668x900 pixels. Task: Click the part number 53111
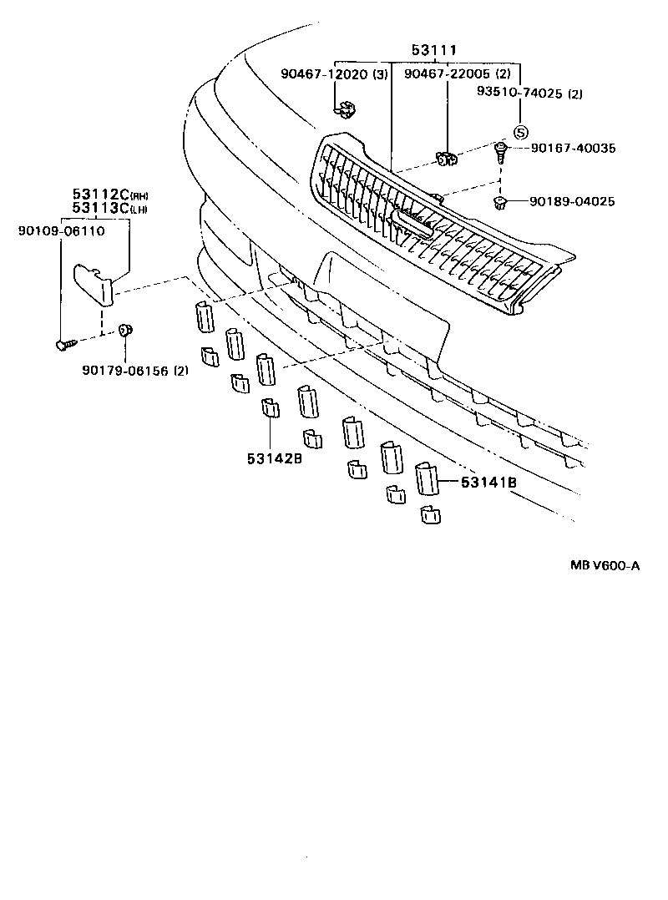click(433, 52)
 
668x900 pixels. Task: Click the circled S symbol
click(519, 132)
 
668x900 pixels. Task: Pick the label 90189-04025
click(573, 201)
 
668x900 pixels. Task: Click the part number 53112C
click(99, 196)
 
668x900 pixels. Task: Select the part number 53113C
click(99, 208)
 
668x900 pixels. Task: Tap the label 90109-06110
click(60, 230)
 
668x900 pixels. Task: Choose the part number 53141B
click(488, 483)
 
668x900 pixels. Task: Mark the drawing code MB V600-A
click(605, 565)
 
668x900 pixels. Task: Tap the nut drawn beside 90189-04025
click(501, 202)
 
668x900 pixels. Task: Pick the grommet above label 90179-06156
click(125, 331)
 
